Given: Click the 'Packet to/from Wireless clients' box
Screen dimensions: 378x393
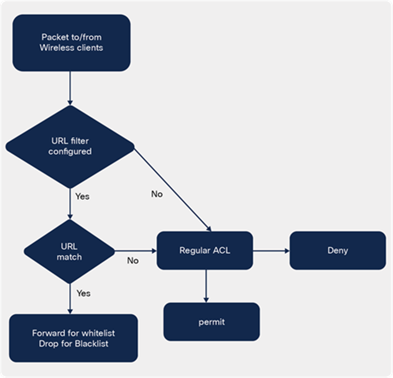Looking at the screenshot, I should pos(71,43).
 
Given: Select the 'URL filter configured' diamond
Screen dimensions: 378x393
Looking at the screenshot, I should pos(70,146).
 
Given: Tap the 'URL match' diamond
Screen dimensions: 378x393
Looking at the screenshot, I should pos(69,251).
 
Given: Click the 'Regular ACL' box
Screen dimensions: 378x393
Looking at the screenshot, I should pos(205,251).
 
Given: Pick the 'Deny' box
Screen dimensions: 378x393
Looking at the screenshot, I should pos(337,251).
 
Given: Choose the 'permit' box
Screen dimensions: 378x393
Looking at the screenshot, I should pos(211,322).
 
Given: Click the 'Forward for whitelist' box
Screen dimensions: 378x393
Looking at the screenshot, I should pos(74,338).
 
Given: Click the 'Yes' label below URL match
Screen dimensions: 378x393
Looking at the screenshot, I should pos(83,293).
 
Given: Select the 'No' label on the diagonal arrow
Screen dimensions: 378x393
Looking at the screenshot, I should pos(156,194).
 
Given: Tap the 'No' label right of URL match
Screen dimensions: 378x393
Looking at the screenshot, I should pos(132,260).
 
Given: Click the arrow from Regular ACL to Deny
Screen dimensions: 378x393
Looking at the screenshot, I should pos(271,251).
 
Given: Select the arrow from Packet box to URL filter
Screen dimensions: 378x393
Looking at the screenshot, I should pos(70,87).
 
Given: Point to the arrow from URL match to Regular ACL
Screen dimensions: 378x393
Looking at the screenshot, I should pos(136,251).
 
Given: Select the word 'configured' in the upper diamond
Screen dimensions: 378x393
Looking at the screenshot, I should pos(70,152).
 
